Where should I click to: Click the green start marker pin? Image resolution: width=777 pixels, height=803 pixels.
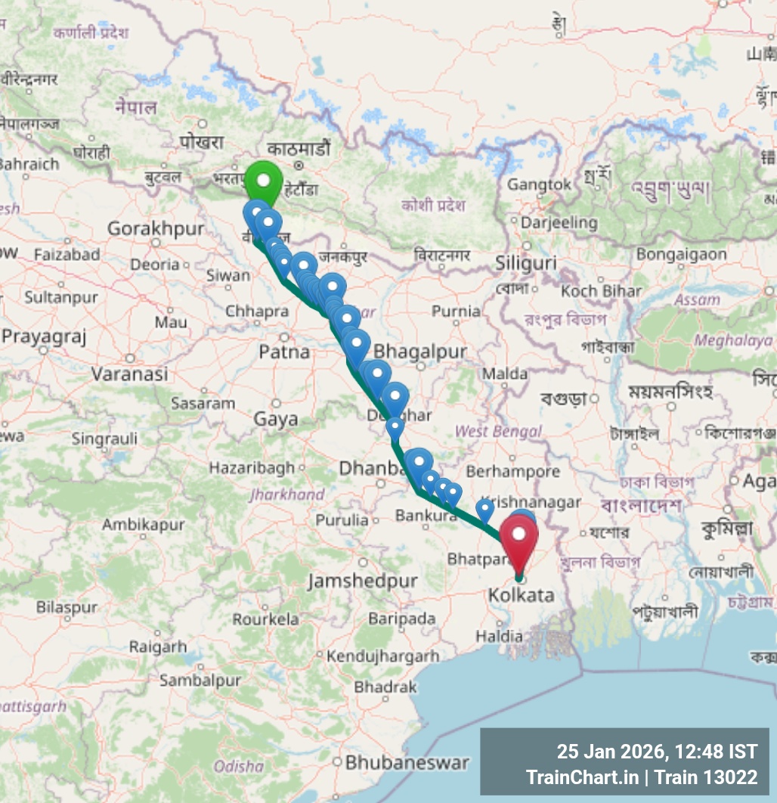[263, 181]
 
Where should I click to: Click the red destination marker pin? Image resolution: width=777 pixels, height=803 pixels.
[519, 535]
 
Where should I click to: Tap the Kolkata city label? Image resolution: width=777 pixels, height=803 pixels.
[521, 596]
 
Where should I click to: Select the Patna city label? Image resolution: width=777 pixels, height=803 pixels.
[284, 352]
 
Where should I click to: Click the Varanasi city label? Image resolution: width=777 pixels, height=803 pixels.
[129, 374]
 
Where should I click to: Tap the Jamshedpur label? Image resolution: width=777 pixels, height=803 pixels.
[363, 581]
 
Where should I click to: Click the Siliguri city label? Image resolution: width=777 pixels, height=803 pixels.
[526, 263]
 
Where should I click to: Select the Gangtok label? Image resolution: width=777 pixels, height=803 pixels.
[540, 184]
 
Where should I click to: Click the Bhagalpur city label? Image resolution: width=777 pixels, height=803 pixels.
[420, 352]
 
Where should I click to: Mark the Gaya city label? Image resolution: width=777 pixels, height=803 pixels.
[276, 419]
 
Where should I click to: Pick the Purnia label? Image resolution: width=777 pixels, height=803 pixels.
[456, 311]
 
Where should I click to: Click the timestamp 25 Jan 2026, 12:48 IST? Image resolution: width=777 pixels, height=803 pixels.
[657, 752]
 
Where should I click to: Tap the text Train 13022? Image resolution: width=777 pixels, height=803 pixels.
[706, 777]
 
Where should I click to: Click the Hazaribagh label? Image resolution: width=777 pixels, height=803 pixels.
[252, 468]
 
